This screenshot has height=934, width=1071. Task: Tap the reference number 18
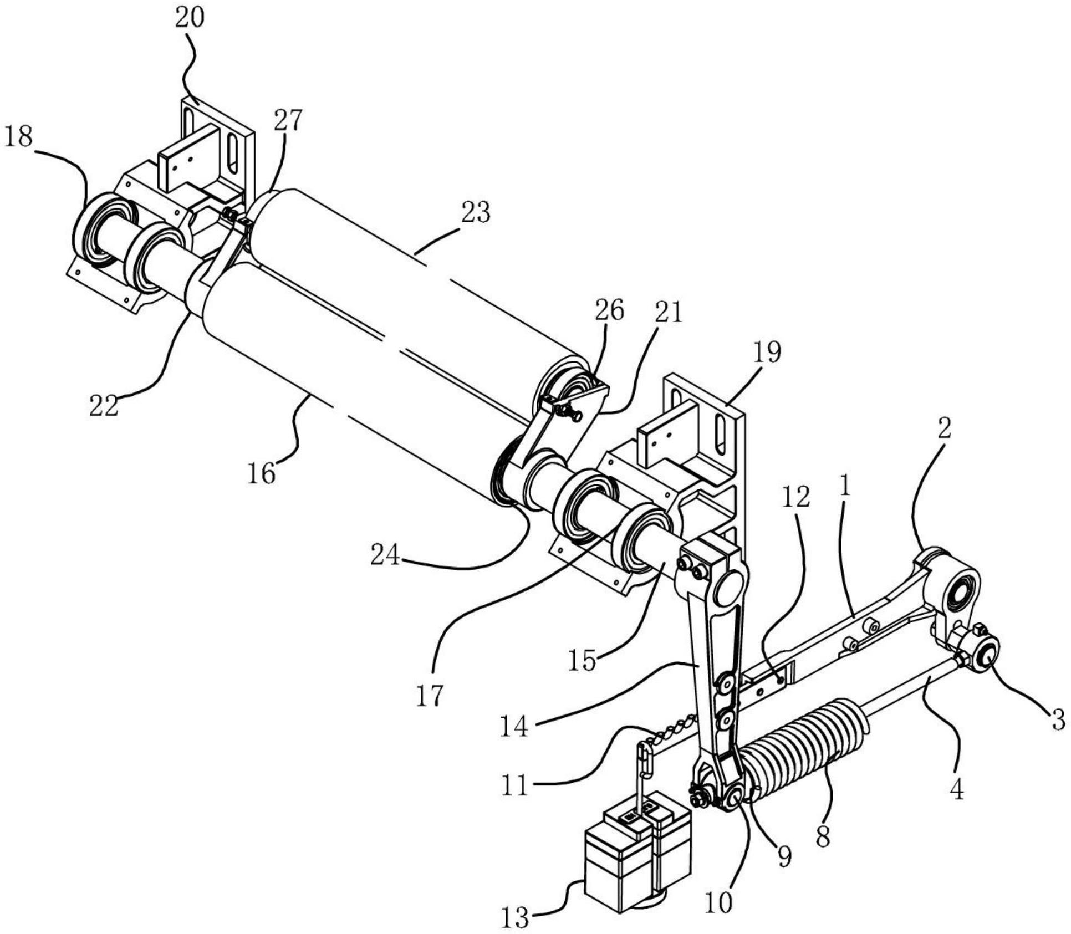18,137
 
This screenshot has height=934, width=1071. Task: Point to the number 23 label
475,212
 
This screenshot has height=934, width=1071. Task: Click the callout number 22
104,406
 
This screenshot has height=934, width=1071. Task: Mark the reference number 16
261,473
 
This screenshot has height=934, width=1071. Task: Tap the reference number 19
767,351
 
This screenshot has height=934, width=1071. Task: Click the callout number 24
385,555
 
